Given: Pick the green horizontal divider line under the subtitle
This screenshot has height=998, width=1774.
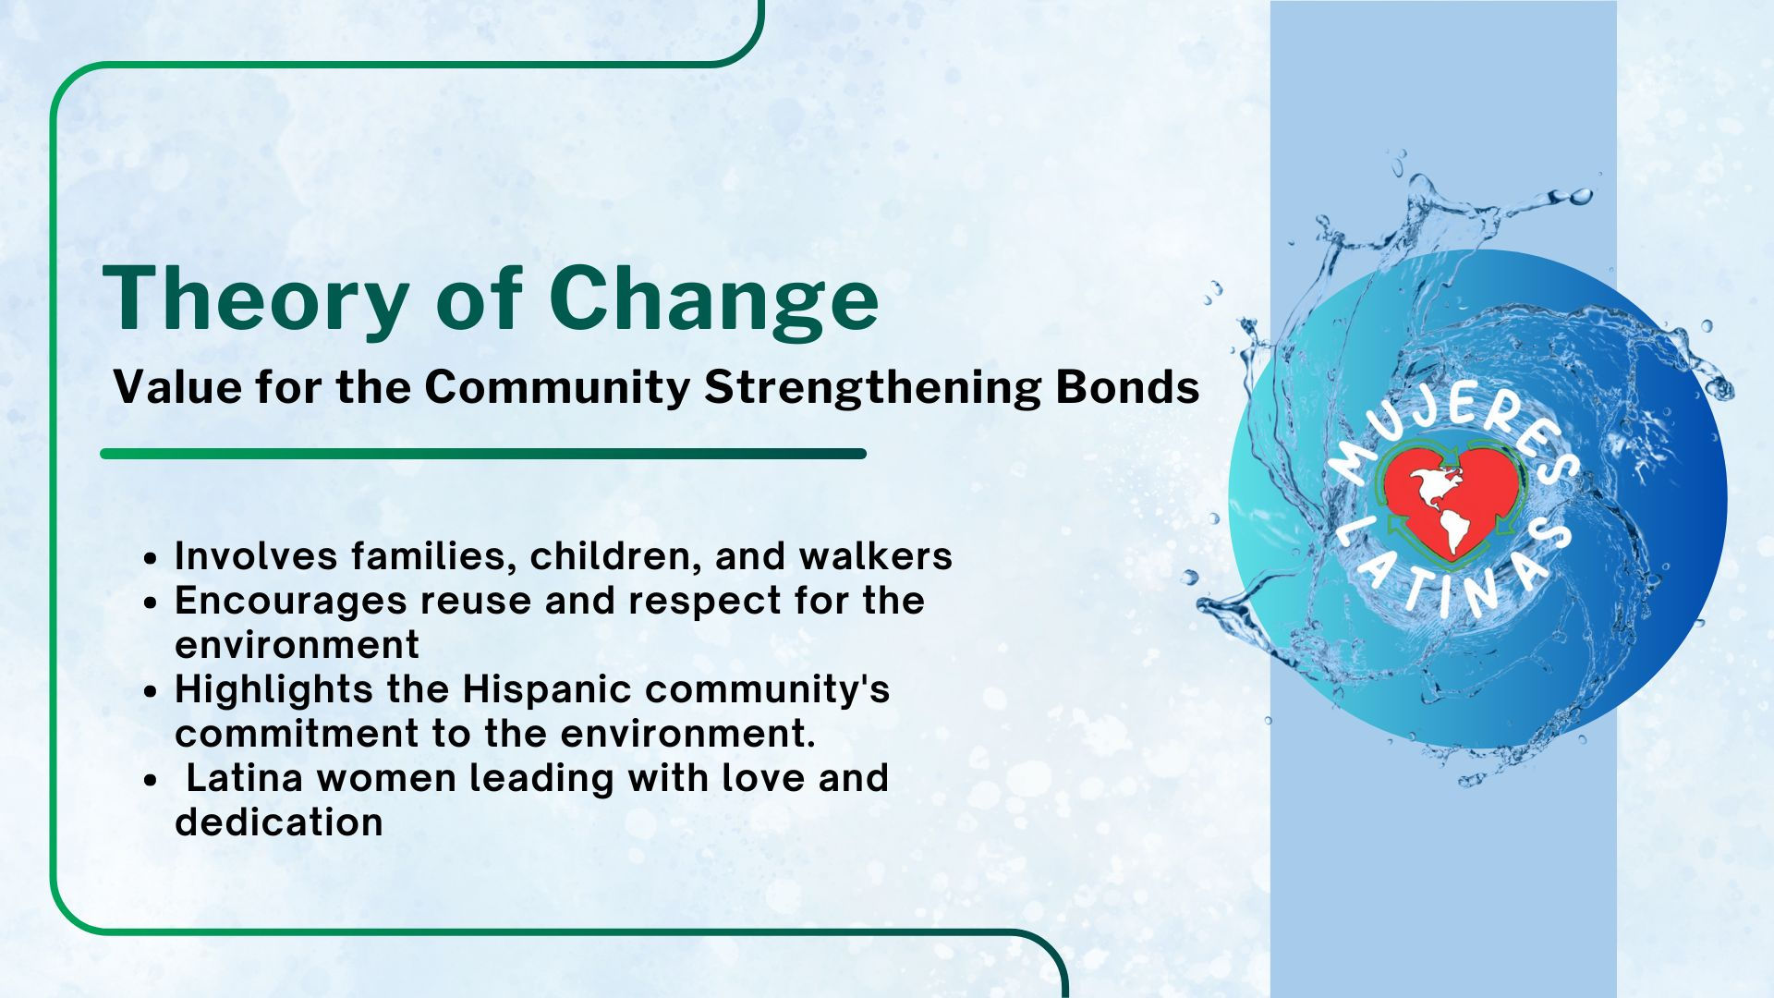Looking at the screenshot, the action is [x=483, y=454].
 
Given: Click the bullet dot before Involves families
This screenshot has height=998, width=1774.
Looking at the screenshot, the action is [x=152, y=558].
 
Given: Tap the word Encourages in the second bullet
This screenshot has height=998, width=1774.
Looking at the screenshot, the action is [x=290, y=602].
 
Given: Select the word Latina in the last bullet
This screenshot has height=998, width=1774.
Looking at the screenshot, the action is [x=245, y=778].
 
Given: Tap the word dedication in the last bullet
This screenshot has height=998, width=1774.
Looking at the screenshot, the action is [x=279, y=822].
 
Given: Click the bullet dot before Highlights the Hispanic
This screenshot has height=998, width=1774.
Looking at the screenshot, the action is [x=152, y=691].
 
